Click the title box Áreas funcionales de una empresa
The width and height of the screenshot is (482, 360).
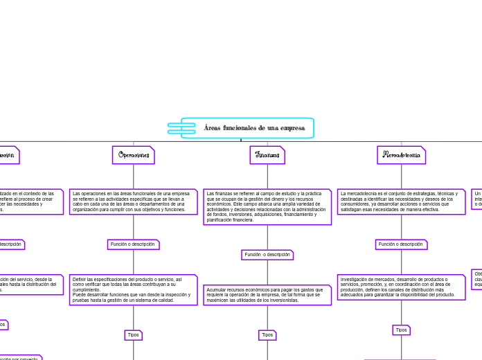[x=247, y=128]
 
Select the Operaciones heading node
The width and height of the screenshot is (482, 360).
[x=134, y=155]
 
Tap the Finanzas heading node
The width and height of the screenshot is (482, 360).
[x=267, y=155]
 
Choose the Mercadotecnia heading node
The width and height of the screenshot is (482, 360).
[x=402, y=155]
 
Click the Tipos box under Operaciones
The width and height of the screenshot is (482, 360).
[x=134, y=335]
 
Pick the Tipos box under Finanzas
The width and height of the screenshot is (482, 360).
[x=267, y=335]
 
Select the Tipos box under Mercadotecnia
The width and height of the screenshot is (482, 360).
[x=402, y=330]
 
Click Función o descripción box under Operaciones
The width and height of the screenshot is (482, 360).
[x=134, y=244]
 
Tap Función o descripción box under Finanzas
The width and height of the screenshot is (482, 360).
[x=267, y=255]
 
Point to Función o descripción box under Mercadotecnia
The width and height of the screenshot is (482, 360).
[x=402, y=244]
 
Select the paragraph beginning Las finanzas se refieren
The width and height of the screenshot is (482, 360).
[x=267, y=206]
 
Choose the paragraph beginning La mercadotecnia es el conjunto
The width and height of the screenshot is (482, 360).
[x=402, y=201]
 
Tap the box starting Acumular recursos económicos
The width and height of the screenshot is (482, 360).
[x=267, y=295]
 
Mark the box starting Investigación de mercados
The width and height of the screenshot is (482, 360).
[x=402, y=287]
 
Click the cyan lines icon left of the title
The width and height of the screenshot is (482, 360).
[x=181, y=128]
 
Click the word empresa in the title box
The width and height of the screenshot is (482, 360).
[x=292, y=128]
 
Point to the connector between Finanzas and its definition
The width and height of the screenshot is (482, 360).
[x=267, y=177]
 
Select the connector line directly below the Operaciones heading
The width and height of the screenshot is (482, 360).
[x=134, y=177]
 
